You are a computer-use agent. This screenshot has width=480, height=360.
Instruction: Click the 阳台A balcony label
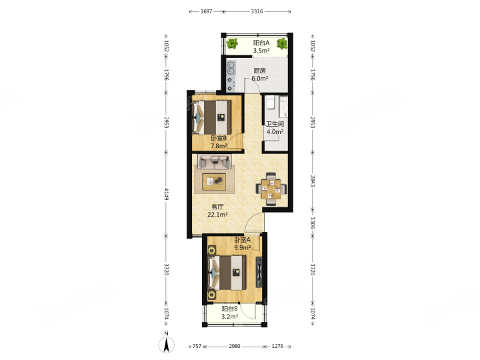(x=261, y=43)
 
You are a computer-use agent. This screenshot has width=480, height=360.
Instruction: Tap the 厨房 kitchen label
(x=259, y=71)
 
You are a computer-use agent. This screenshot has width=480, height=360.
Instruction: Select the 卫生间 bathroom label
(x=275, y=124)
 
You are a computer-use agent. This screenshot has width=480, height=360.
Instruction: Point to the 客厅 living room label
(x=217, y=207)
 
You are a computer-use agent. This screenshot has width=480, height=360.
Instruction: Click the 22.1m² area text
(x=217, y=214)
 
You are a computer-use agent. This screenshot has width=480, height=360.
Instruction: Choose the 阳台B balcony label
(x=229, y=309)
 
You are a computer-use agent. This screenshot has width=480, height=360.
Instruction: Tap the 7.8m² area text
(x=219, y=146)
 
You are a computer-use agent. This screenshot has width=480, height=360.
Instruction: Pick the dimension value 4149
(x=166, y=194)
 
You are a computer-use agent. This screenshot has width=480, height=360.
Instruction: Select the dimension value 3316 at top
(x=257, y=11)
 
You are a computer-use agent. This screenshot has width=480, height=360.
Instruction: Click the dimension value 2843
(x=312, y=181)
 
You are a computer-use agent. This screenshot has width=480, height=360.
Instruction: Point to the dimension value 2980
(x=235, y=346)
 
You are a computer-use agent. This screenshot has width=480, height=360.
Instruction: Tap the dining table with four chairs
(x=271, y=189)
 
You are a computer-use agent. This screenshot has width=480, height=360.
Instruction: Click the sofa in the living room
(x=214, y=161)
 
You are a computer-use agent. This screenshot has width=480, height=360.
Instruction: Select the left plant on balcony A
(x=233, y=44)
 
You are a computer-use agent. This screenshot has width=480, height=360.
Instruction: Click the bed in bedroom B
(x=211, y=117)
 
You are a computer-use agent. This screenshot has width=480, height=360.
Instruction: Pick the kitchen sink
(x=231, y=68)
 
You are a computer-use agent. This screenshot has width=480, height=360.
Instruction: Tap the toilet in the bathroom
(x=270, y=103)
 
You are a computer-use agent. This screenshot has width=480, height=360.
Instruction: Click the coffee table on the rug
(x=214, y=182)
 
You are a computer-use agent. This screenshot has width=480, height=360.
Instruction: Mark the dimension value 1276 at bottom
(x=277, y=346)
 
